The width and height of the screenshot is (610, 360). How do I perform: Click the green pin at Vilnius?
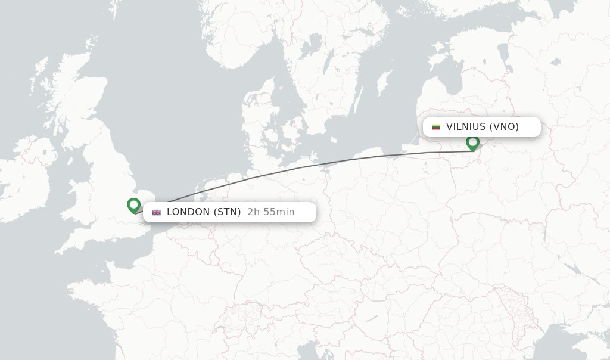pyautogui.click(x=472, y=142)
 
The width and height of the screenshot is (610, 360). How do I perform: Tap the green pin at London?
pyautogui.click(x=134, y=205)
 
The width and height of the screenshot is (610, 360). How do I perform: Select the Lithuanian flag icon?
pyautogui.click(x=436, y=127)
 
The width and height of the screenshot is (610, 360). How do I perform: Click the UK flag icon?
pyautogui.click(x=157, y=212)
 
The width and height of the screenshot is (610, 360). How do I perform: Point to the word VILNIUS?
pyautogui.click(x=466, y=126)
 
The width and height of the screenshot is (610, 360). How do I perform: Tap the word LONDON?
pyautogui.click(x=188, y=212)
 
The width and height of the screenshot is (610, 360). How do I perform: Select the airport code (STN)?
pyautogui.click(x=227, y=212)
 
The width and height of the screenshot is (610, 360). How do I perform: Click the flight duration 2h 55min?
pyautogui.click(x=270, y=212)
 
